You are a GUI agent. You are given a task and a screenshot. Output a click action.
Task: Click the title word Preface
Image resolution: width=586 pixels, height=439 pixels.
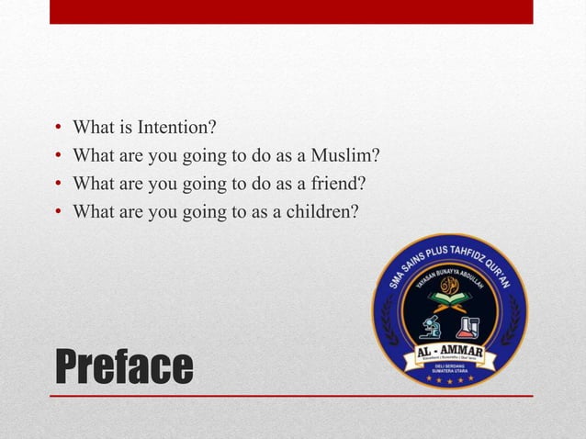(124, 367)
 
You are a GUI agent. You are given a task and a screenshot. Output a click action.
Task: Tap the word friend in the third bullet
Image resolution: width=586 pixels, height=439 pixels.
(336, 183)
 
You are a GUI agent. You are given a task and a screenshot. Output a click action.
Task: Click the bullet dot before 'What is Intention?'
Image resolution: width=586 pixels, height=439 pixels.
(57, 126)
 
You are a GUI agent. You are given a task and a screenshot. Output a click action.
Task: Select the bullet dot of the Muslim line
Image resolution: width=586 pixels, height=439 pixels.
(57, 155)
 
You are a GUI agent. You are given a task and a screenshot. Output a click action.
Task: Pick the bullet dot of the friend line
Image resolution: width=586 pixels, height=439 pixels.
(57, 184)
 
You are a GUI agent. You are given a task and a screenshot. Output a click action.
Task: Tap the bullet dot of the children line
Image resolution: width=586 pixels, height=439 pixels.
(57, 213)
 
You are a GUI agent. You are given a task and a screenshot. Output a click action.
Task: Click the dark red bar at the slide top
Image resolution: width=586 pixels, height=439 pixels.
(291, 12)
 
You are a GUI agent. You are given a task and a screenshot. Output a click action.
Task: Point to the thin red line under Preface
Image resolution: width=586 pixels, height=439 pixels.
(291, 396)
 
